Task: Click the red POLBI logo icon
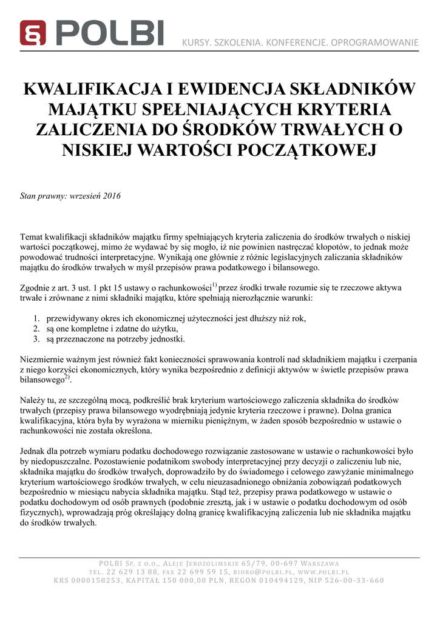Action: pyautogui.click(x=33, y=33)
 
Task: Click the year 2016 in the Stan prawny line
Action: pyautogui.click(x=112, y=196)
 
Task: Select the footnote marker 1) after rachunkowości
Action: pyautogui.click(x=214, y=284)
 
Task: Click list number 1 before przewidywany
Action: pyautogui.click(x=36, y=318)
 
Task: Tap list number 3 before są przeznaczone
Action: pyautogui.click(x=36, y=339)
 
